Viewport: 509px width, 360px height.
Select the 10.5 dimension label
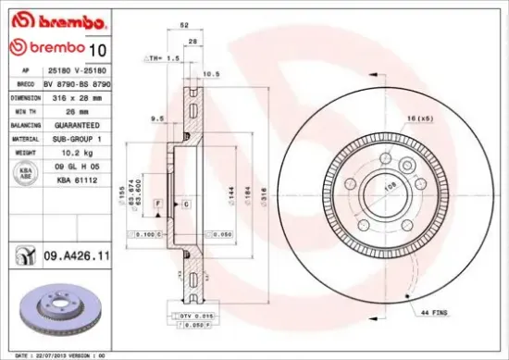[210, 74]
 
